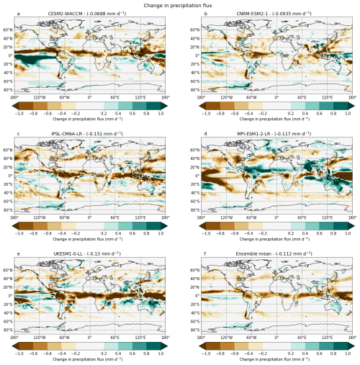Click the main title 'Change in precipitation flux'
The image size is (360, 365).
[180, 5]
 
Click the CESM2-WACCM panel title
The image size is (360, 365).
[89, 14]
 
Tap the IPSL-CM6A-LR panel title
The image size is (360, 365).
[89, 134]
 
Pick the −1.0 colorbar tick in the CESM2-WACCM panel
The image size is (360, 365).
[19, 113]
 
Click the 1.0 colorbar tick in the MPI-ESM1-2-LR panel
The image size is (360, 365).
[347, 233]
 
